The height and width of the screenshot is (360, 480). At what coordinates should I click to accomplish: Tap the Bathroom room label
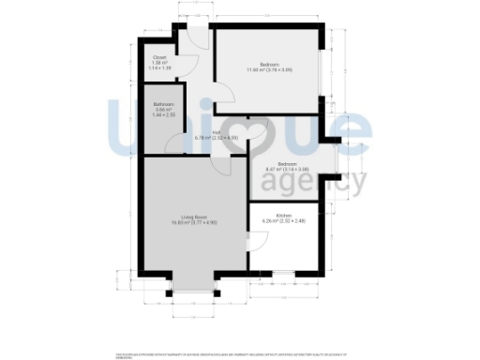[163, 104]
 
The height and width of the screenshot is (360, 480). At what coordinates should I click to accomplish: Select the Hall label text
[216, 132]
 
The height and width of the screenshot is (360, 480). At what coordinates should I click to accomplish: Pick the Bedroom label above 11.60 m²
[269, 64]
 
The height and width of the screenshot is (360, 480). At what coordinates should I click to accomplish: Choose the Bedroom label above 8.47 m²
[288, 163]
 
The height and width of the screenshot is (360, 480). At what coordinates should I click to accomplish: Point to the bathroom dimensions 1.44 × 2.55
[163, 114]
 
